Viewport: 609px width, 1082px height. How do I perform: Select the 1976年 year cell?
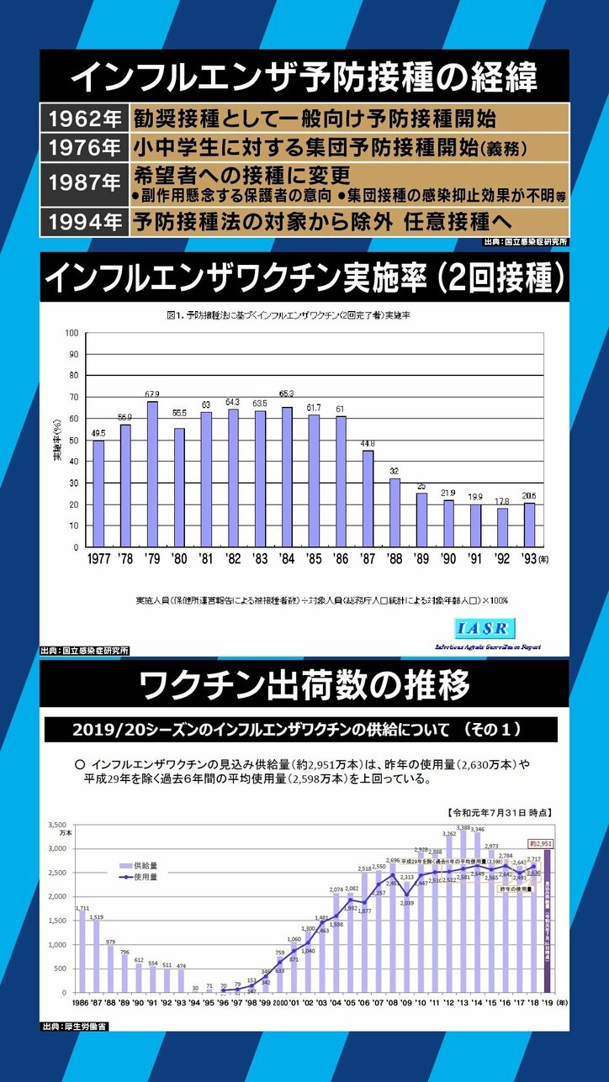tap(84, 147)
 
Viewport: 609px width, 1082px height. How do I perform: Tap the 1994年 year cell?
tap(84, 224)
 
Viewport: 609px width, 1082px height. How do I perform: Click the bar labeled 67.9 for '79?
tap(152, 474)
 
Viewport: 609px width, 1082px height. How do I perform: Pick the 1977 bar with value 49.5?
tap(98, 493)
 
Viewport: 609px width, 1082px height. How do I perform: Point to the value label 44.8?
tap(368, 444)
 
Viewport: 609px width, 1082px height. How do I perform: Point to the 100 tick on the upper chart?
tap(71, 333)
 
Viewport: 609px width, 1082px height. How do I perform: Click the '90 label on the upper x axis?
tap(448, 557)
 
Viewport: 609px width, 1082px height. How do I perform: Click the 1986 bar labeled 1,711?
tap(82, 952)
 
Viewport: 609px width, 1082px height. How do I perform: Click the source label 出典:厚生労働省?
tap(74, 1027)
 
